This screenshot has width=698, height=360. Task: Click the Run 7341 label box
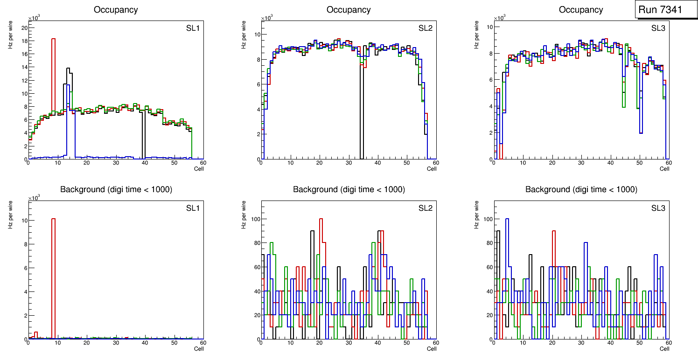[663, 10]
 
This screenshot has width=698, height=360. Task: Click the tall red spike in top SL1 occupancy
[53, 70]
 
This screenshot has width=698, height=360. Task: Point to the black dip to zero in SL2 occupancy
[362, 117]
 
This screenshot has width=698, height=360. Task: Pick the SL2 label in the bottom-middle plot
[425, 208]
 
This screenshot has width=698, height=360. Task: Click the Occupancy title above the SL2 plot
[349, 10]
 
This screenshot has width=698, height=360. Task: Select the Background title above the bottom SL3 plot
[581, 189]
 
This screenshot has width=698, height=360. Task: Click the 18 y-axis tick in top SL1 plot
[24, 41]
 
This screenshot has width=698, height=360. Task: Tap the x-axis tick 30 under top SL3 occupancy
[581, 163]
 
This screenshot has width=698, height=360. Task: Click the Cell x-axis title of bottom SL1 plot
[199, 348]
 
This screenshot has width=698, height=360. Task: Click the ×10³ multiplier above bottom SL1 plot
[34, 198]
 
